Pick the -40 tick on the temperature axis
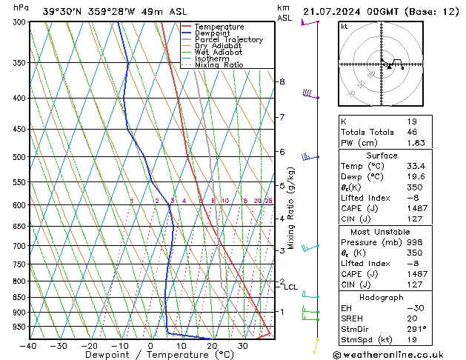pos(28,346)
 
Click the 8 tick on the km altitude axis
pos(282,81)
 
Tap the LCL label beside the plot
pos(291,287)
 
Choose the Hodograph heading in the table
pos(382,297)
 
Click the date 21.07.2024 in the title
pos(338,10)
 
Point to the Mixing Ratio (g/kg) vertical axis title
pos(292,207)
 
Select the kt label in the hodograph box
pos(344,26)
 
